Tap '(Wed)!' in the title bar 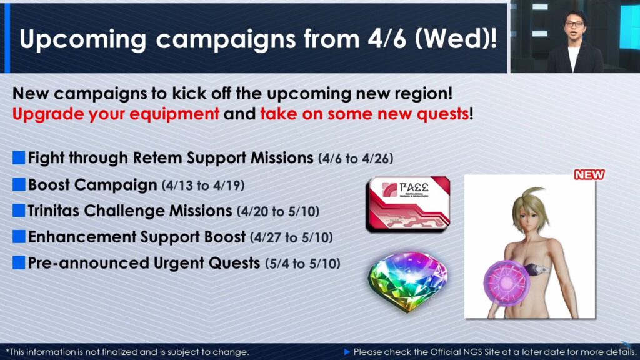pyautogui.click(x=456, y=39)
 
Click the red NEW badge pyautogui.click(x=589, y=175)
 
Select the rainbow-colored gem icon pyautogui.click(x=407, y=282)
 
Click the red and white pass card pyautogui.click(x=408, y=204)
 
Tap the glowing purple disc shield pyautogui.click(x=507, y=282)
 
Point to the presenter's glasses pyautogui.click(x=574, y=24)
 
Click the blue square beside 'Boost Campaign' pyautogui.click(x=19, y=184)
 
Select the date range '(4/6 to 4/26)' pyautogui.click(x=356, y=158)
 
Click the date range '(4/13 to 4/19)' pyautogui.click(x=203, y=185)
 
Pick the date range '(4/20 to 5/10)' pyautogui.click(x=278, y=211)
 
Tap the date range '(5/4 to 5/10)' pyautogui.click(x=302, y=264)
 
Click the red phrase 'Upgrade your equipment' pyautogui.click(x=116, y=114)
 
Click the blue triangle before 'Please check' pyautogui.click(x=347, y=352)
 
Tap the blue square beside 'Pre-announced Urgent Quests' pyautogui.click(x=19, y=263)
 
